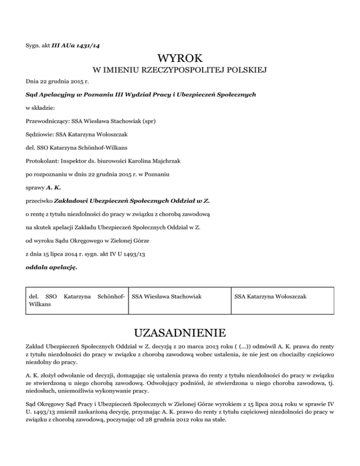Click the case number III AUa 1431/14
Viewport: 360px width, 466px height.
coord(82,45)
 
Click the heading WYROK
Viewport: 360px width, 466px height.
coord(180,59)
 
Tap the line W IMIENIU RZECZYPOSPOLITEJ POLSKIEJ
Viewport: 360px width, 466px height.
coord(180,71)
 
